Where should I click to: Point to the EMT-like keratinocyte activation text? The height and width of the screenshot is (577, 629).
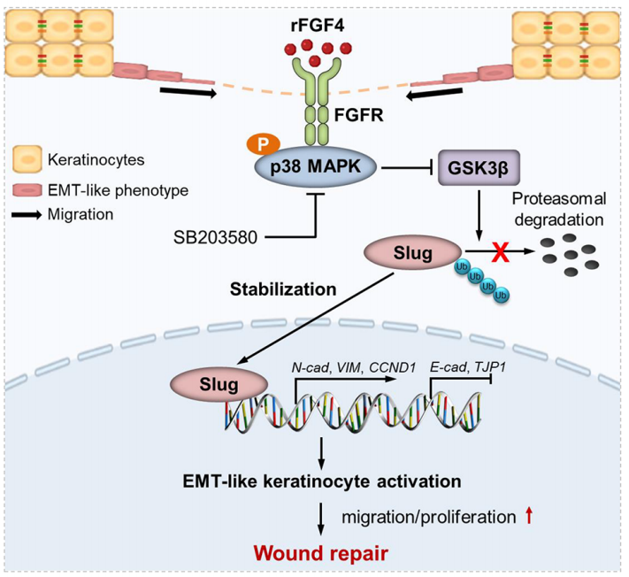(319, 481)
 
